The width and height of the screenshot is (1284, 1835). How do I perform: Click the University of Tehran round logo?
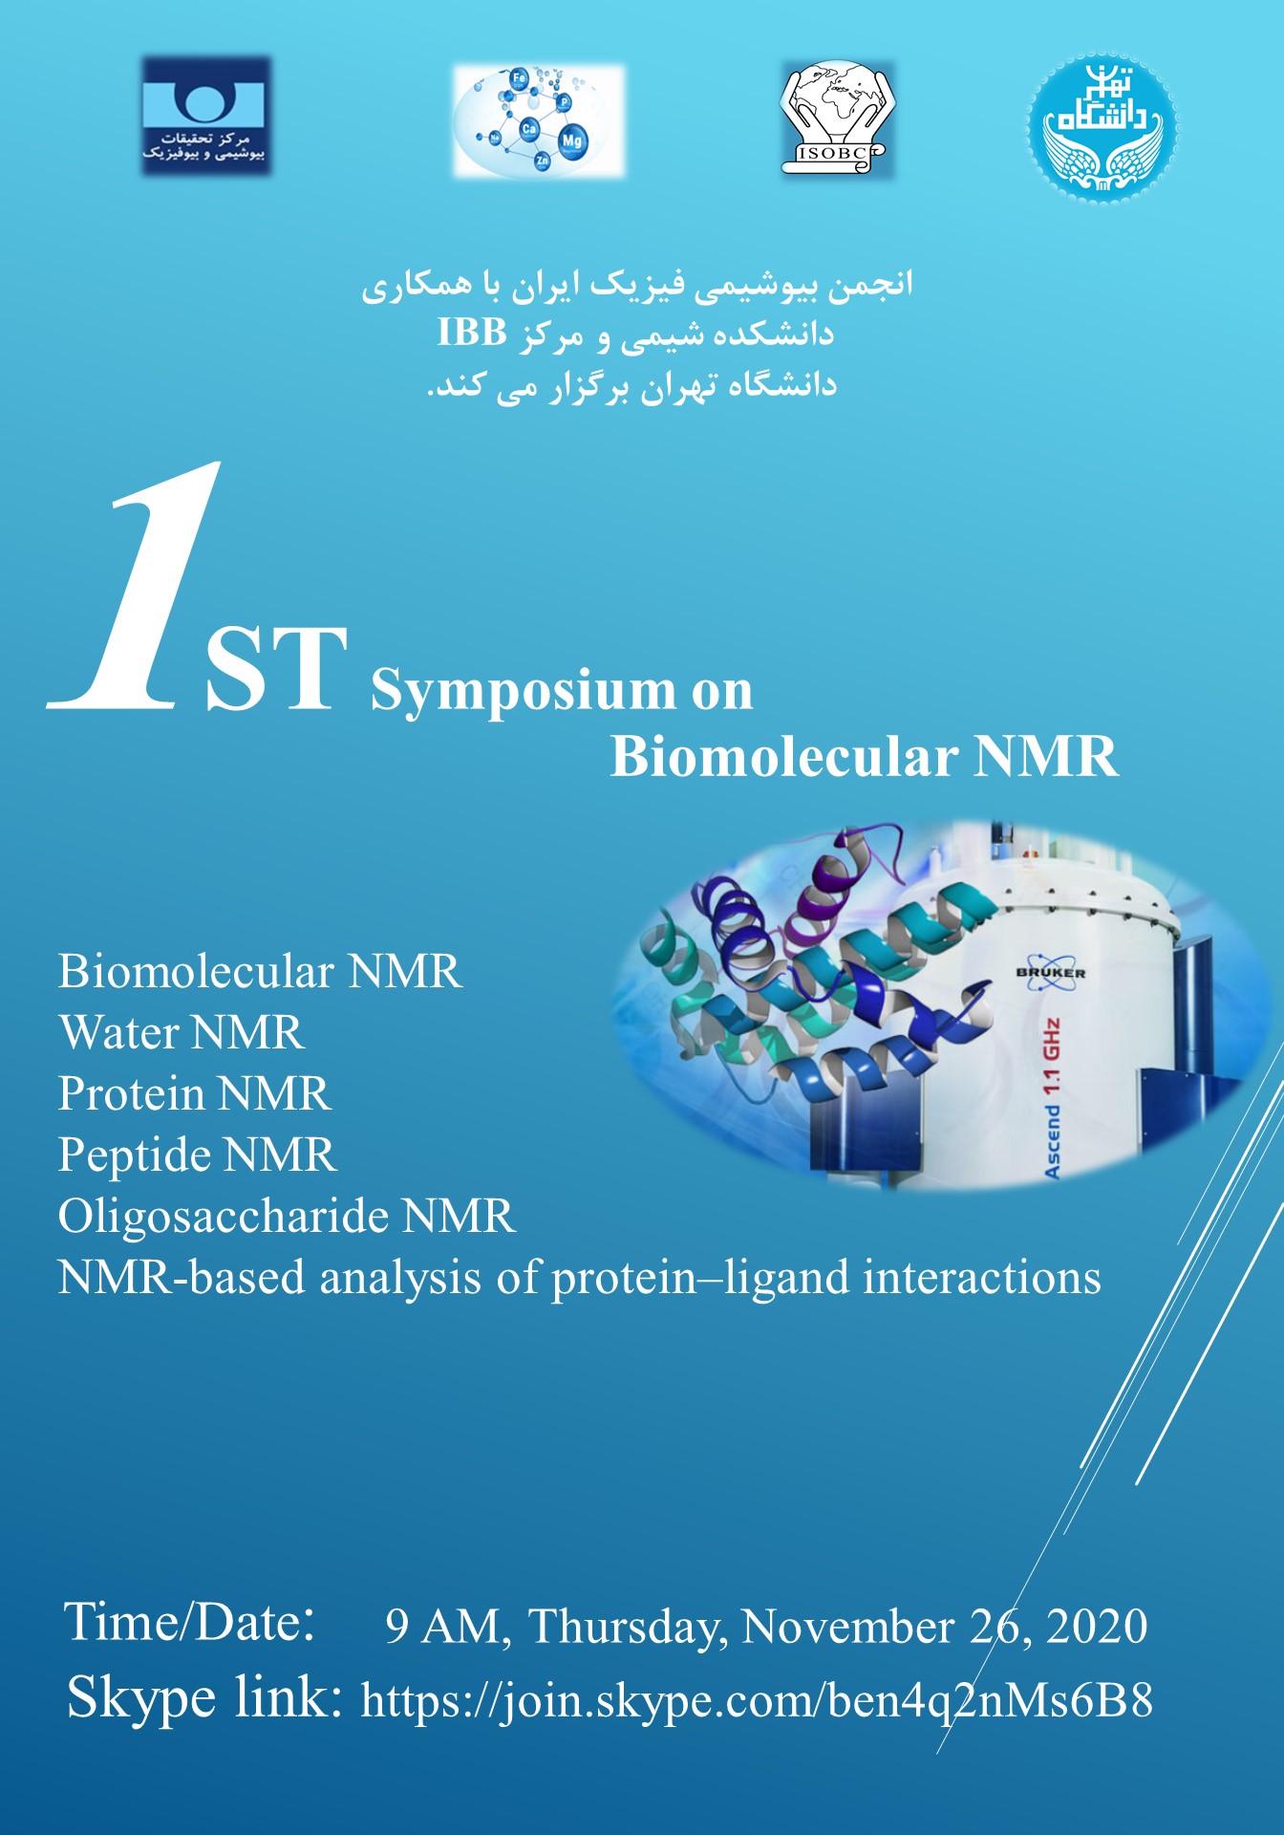tap(1102, 128)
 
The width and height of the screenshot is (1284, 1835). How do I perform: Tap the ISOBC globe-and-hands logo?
tap(838, 119)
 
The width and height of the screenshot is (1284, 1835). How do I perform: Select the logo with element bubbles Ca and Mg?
tap(539, 121)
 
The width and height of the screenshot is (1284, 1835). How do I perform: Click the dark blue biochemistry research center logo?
tap(206, 116)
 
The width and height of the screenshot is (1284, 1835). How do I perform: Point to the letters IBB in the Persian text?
tap(472, 333)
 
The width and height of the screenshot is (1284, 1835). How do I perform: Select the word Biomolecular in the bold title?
tap(784, 757)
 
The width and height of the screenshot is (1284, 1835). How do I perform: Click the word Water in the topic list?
tap(119, 1033)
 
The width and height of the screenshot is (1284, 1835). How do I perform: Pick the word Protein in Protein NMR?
tap(131, 1093)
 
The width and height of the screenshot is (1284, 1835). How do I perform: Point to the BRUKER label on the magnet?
tap(1051, 973)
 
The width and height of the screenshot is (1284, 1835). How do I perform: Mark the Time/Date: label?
tap(189, 1623)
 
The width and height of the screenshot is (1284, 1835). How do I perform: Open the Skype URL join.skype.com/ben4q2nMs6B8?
tap(757, 1702)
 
